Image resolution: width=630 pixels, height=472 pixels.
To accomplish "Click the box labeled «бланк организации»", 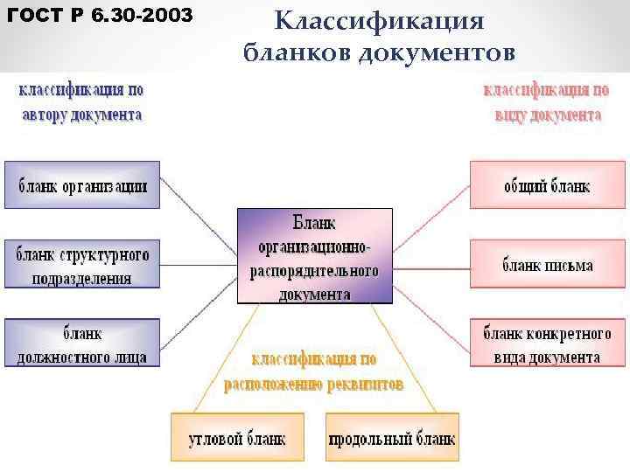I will pyautogui.click(x=82, y=184).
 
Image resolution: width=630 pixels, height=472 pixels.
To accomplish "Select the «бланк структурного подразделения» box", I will pyautogui.click(x=82, y=265).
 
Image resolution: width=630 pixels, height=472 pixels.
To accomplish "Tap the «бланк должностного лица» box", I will pyautogui.click(x=82, y=344).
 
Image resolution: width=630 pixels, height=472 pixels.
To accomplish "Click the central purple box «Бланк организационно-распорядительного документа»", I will pyautogui.click(x=315, y=255).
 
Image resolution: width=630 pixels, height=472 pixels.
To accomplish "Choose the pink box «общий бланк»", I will pyautogui.click(x=547, y=184).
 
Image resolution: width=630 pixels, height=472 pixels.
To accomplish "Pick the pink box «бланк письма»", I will pyautogui.click(x=547, y=264).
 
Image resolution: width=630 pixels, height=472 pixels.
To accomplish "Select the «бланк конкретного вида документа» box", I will pyautogui.click(x=547, y=344).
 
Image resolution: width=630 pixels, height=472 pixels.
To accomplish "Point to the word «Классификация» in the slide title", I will pyautogui.click(x=378, y=21).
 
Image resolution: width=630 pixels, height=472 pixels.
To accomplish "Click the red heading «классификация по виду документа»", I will pyautogui.click(x=547, y=101).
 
